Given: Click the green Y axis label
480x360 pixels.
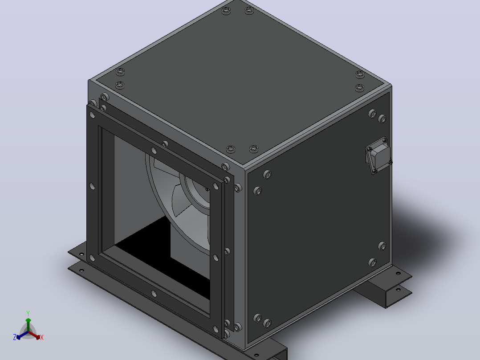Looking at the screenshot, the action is tap(28, 314).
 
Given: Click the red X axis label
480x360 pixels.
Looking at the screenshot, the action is tap(42, 337).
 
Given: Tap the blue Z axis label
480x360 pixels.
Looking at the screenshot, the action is tap(15, 337).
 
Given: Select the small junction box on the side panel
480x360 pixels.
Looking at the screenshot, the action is tap(378, 155).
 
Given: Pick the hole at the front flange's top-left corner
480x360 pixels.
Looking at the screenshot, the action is tap(92, 115).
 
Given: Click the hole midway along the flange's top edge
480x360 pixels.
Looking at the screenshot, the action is tap(154, 151).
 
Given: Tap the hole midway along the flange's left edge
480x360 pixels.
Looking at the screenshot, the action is tap(92, 186).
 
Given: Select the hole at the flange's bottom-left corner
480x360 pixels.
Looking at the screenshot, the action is tap(92, 258).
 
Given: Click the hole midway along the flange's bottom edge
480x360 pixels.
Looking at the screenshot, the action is tap(154, 294).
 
